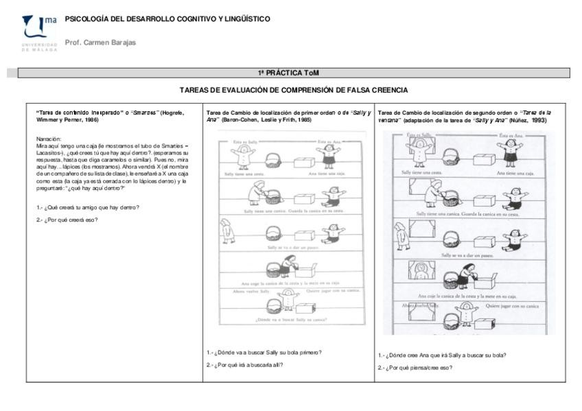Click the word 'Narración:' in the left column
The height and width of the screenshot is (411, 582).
tap(49, 139)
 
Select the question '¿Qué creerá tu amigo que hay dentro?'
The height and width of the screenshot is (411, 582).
tap(89, 207)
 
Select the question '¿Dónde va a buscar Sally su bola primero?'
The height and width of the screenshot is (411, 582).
tap(264, 352)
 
